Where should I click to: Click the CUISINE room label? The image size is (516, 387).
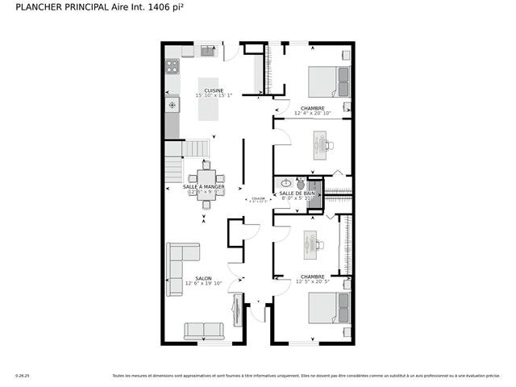[214, 90]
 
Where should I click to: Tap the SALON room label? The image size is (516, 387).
[202, 278]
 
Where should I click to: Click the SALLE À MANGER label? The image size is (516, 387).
[203, 187]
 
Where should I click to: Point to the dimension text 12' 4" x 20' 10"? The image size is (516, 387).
[312, 114]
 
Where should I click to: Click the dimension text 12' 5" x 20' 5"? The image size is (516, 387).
[312, 281]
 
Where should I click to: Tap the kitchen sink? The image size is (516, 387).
[207, 52]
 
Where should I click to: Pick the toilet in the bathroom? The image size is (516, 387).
[301, 184]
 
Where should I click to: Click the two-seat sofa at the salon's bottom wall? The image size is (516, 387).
[204, 331]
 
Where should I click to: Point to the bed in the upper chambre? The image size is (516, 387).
[330, 81]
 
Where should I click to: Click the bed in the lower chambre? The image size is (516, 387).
[330, 311]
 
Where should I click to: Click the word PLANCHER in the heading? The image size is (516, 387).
[33, 7]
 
